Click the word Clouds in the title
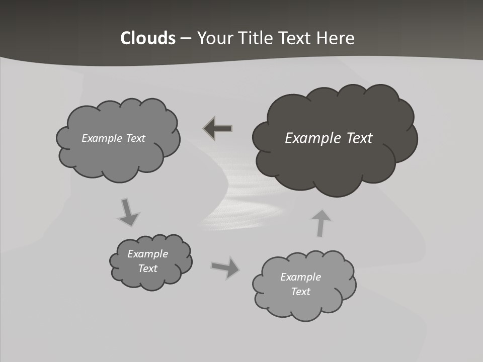148,38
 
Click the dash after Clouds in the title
185,39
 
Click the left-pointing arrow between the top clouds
218,129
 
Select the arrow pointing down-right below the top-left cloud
128,213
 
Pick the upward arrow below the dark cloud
320,223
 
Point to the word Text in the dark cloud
359,138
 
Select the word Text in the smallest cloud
148,268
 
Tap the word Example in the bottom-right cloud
300,277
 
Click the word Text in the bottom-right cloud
300,292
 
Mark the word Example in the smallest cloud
148,254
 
